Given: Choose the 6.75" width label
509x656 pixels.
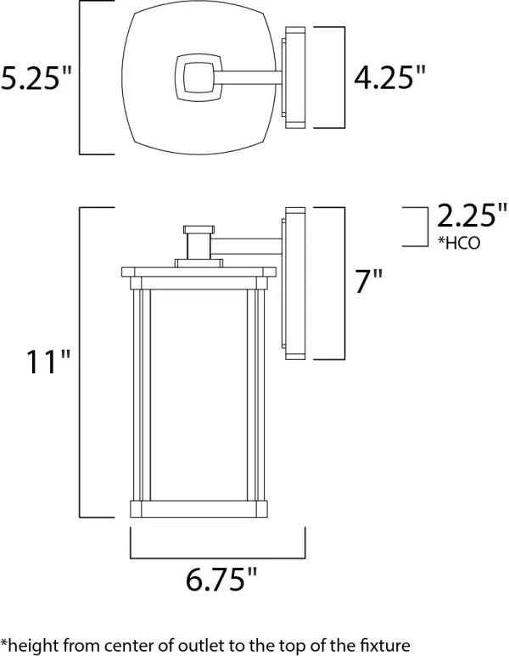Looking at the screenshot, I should [x=220, y=581].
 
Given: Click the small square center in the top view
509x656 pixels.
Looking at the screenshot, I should [x=194, y=78].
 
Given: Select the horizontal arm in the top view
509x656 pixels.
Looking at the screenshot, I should [x=249, y=79].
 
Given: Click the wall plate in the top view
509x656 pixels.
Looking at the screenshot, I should [x=294, y=78].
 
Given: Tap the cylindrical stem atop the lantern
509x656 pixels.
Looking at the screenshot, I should [x=198, y=243].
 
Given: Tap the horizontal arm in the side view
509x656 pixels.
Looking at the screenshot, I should [x=245, y=247].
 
